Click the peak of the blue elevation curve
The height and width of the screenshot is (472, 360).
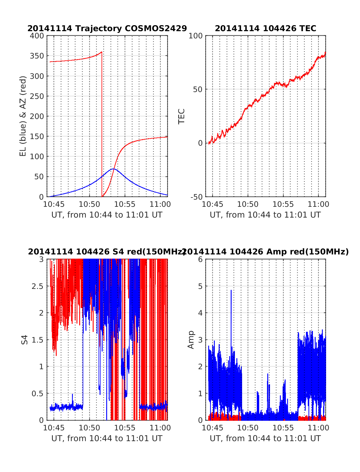(113, 169)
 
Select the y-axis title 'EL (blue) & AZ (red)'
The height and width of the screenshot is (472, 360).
(23, 116)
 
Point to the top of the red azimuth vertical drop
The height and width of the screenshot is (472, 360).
(102, 52)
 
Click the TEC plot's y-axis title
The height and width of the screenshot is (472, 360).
(181, 116)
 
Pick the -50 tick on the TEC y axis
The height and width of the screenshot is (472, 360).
(196, 197)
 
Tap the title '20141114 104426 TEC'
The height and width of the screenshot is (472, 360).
(265, 28)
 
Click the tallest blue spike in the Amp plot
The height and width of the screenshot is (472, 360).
(231, 290)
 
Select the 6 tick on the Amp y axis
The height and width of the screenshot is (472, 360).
(200, 260)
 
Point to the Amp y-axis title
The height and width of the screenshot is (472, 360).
(191, 340)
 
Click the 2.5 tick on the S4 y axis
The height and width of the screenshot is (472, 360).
(37, 286)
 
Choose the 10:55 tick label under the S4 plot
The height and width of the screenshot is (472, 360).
(125, 428)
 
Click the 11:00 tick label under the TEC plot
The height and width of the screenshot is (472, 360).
(319, 204)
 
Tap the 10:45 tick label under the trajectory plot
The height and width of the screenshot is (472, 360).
(54, 204)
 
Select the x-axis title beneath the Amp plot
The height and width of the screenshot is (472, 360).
(265, 438)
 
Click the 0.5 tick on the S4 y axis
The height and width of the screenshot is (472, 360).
(37, 393)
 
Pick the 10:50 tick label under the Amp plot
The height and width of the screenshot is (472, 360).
(248, 428)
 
